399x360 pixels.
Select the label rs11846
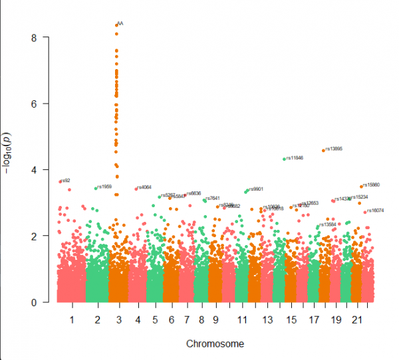295,158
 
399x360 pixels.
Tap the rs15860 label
372,185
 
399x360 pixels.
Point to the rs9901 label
257,189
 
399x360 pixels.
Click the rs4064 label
144,187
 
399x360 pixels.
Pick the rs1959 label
104,187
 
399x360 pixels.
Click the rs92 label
66,180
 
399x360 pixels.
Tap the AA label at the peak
120,23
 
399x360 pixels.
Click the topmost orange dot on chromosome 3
116,25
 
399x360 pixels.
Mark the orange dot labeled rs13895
323,150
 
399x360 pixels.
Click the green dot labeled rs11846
284,159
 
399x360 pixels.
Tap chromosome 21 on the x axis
356,320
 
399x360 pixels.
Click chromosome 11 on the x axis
240,320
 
